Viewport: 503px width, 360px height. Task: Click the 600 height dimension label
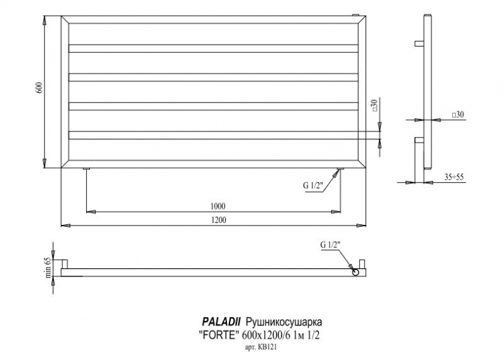point(40,88)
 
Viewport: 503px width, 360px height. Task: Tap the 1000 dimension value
point(218,206)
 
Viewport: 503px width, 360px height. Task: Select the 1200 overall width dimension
point(218,220)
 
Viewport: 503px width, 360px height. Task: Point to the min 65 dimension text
point(48,268)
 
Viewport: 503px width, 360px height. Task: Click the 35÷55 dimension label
point(454,177)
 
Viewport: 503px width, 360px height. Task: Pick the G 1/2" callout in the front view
point(312,185)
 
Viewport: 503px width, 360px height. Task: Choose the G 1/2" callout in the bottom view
point(330,245)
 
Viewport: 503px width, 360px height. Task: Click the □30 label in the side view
point(458,114)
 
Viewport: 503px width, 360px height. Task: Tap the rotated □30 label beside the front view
point(374,106)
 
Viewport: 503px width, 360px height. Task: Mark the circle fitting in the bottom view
point(355,272)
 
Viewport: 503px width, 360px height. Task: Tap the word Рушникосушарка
point(284,322)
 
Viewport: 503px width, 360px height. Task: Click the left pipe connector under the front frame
point(87,168)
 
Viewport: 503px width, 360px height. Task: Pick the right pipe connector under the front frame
point(341,168)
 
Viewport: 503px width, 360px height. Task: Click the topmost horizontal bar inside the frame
point(213,48)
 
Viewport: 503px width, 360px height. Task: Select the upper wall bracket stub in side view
point(419,43)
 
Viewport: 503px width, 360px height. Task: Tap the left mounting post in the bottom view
point(65,264)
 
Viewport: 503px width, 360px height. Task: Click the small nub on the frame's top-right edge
point(355,14)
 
